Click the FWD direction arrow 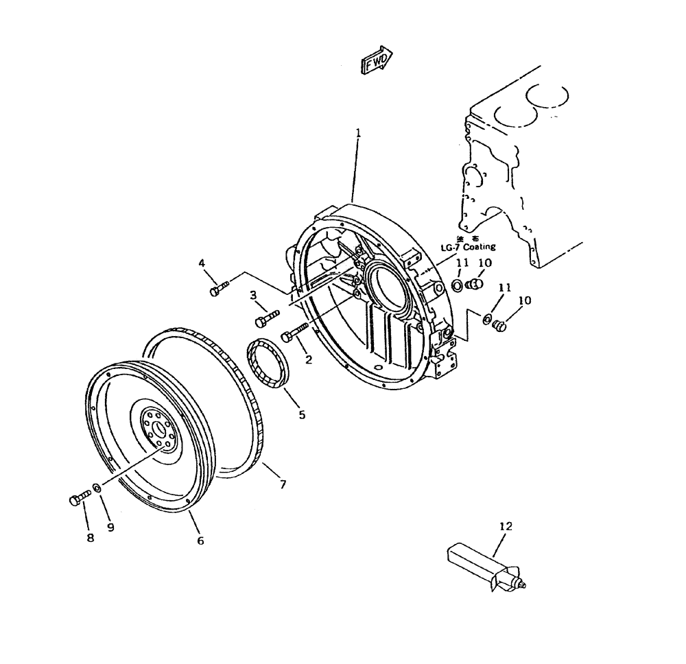point(376,60)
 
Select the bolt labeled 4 point(219,289)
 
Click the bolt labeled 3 point(267,319)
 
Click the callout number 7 point(282,485)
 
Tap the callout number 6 point(200,541)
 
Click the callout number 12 point(506,527)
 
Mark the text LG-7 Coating point(469,246)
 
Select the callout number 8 point(89,538)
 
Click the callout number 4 point(202,263)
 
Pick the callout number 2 point(309,359)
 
